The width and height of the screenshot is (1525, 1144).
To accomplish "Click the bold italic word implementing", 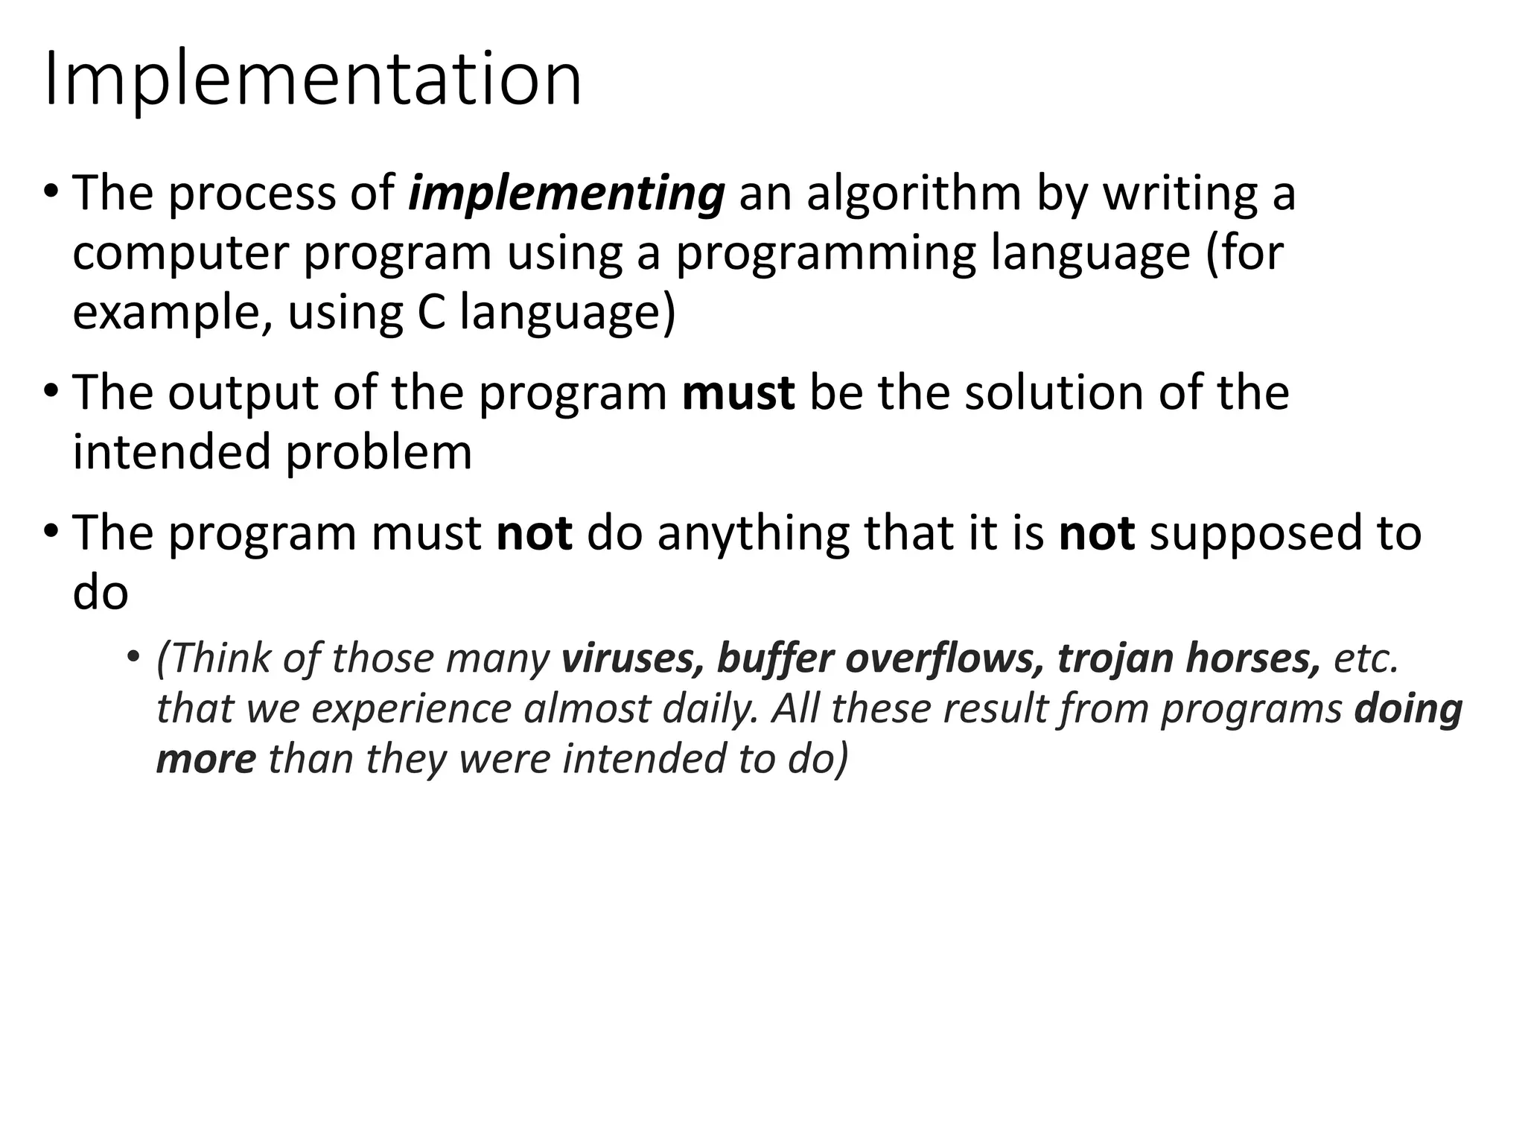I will click(x=566, y=195).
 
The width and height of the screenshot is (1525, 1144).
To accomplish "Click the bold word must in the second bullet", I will click(x=738, y=394).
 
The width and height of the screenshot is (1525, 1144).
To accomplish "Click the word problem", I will click(x=379, y=454).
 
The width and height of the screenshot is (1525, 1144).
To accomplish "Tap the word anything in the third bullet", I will click(x=753, y=535).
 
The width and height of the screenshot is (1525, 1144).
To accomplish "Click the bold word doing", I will click(x=1408, y=710).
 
